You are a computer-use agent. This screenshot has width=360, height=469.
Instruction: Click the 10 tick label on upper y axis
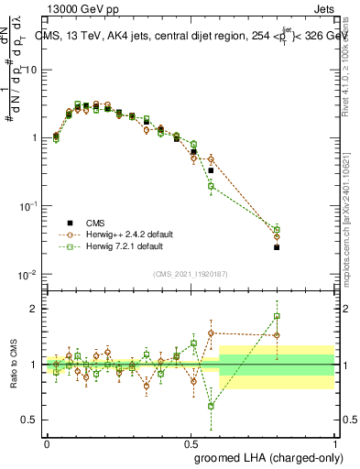pyautogui.click(x=31, y=71)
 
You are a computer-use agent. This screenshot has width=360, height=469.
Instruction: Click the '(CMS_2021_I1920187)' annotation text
pyautogui.click(x=191, y=273)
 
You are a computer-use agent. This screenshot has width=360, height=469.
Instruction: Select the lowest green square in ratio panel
pyautogui.click(x=211, y=406)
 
